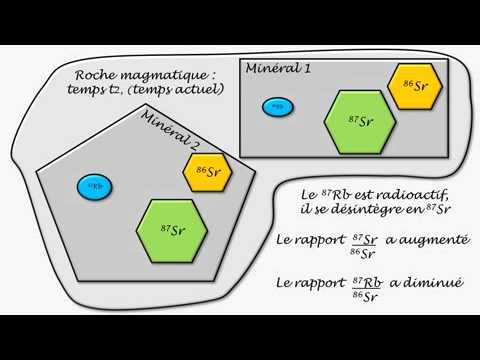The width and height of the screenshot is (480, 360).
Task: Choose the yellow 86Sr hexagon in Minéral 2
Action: point(209,170)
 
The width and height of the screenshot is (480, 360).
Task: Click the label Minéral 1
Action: point(276,69)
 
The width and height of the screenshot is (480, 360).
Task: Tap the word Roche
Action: point(97,76)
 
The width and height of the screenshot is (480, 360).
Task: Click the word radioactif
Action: point(413,193)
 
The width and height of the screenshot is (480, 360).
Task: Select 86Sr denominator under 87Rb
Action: point(366,297)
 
